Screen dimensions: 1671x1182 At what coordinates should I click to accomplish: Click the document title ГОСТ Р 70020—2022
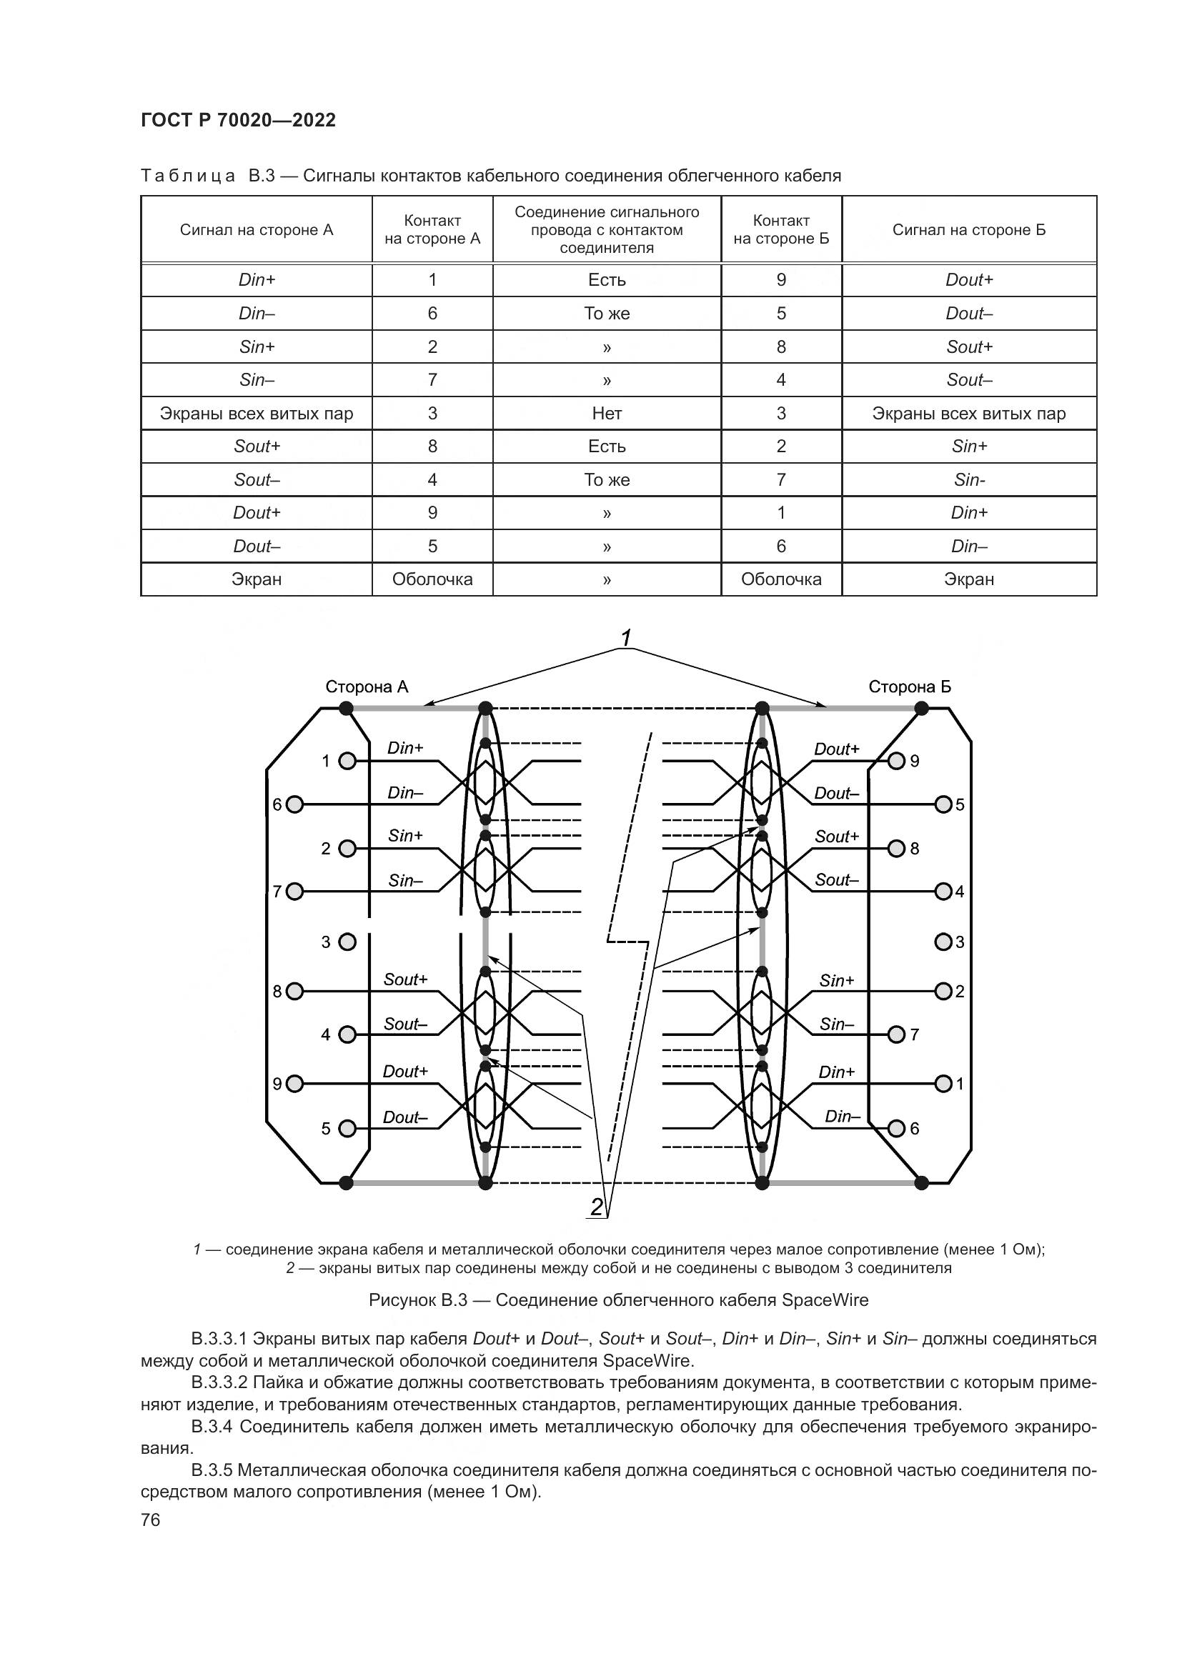(238, 121)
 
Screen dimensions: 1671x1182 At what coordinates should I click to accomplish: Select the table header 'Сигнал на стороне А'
(257, 230)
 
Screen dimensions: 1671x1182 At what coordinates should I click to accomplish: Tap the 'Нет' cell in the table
(606, 414)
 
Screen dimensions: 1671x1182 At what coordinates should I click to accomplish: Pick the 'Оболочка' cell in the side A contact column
(432, 579)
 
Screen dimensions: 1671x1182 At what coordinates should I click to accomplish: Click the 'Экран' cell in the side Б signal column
(969, 579)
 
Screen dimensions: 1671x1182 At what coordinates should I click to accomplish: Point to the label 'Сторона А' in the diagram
(366, 687)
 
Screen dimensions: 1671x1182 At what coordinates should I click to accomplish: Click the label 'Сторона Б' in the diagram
(910, 687)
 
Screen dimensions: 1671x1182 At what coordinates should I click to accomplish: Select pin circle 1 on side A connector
(348, 762)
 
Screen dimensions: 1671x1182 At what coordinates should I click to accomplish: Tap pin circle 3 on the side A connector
(348, 942)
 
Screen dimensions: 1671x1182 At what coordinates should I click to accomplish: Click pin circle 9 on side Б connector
(897, 762)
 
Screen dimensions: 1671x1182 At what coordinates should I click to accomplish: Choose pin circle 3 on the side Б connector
(943, 942)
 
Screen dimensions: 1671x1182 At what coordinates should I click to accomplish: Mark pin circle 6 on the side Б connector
(897, 1128)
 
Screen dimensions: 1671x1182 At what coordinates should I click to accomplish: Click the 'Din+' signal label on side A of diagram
(405, 748)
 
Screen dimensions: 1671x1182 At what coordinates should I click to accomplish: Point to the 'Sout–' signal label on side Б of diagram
(836, 880)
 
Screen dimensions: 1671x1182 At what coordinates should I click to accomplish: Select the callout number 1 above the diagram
(625, 638)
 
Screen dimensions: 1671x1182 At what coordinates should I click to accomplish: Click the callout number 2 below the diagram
(597, 1207)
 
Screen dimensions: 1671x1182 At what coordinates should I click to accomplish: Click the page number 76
(151, 1520)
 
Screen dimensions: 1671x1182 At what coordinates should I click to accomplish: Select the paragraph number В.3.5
(212, 1471)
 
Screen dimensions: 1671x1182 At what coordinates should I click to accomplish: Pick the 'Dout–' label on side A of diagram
(404, 1117)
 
